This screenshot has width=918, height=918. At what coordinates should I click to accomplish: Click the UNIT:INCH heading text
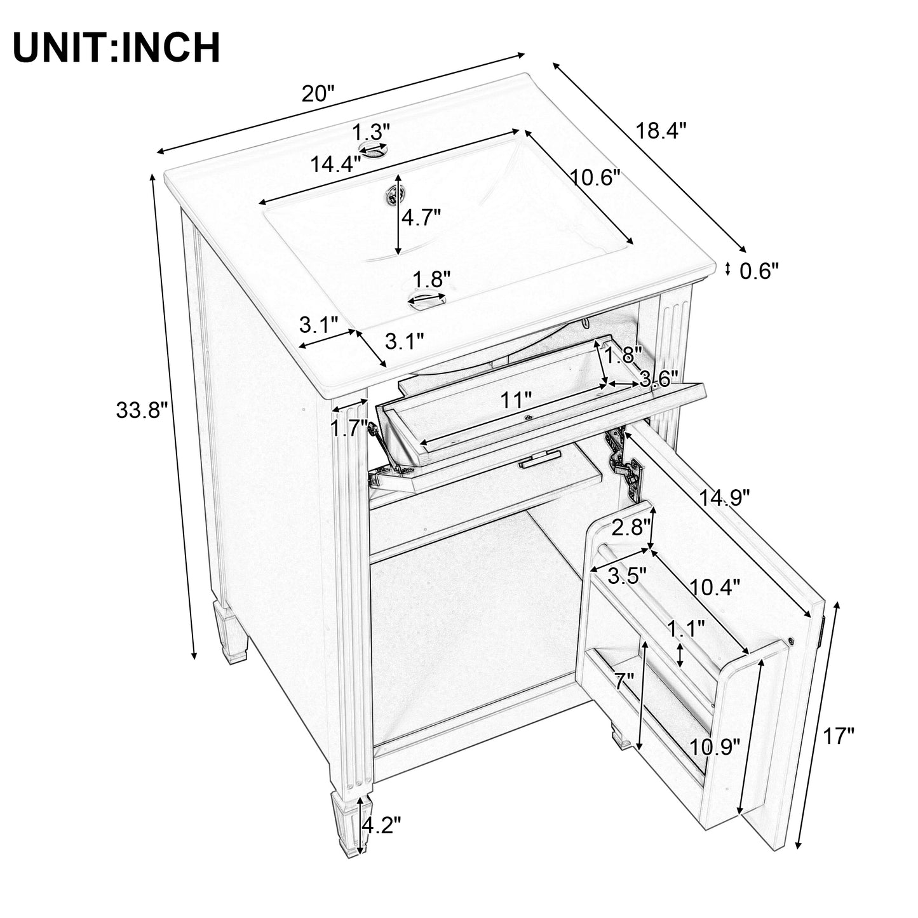[x=116, y=48]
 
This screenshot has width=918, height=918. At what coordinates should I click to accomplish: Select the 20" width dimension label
[x=318, y=94]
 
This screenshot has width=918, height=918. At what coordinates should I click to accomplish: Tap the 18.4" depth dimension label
[x=661, y=131]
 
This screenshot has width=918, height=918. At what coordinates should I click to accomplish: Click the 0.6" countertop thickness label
[x=759, y=271]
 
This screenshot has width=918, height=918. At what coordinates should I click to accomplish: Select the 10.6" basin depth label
[x=594, y=178]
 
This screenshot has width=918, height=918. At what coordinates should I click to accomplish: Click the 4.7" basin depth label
[x=420, y=218]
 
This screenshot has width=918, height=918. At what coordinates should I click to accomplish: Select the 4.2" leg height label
[x=381, y=825]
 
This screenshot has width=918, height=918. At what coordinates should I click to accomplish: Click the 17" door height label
[x=839, y=737]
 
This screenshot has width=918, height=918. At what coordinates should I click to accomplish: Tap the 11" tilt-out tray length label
[x=515, y=401]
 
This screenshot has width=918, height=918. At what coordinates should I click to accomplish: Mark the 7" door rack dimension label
[x=624, y=682]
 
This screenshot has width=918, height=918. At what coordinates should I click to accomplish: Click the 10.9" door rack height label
[x=715, y=746]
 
